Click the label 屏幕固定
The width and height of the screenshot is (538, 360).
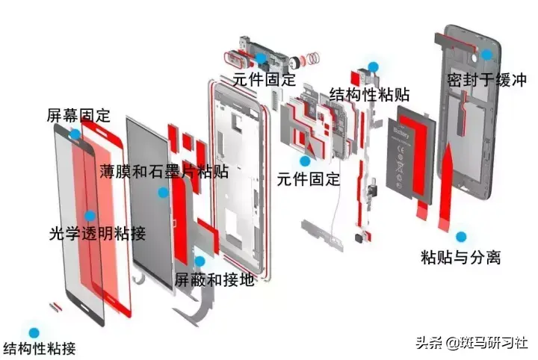pos(78,116)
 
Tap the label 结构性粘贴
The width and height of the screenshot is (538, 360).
pos(369,96)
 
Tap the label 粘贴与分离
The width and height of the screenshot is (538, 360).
pos(460,258)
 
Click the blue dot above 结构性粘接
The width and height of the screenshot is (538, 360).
pos(32,332)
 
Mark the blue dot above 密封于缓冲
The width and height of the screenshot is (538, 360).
pos(486,55)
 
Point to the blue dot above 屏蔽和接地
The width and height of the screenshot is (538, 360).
pos(200,261)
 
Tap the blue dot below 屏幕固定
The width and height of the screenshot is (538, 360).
pos(75,134)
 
